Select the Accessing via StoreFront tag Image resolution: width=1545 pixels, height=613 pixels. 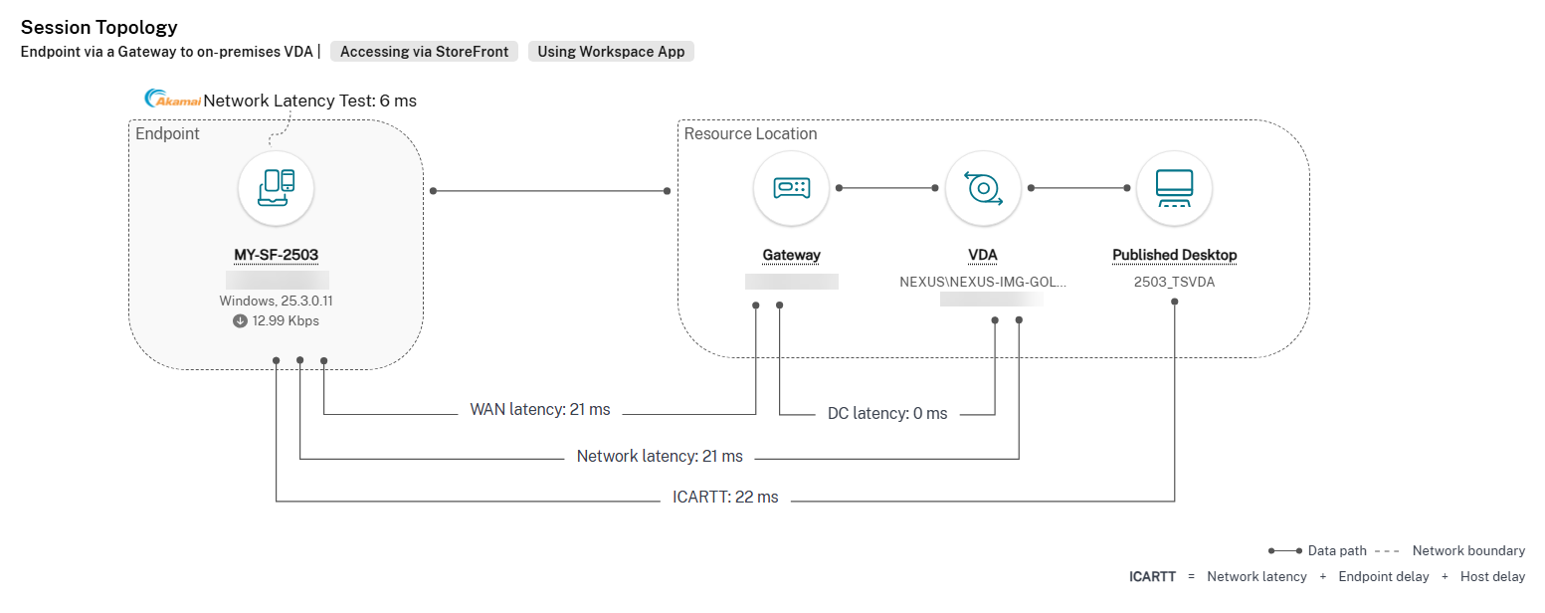point(424,52)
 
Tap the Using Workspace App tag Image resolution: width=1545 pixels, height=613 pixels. point(611,52)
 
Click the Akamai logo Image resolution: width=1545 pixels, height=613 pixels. point(173,100)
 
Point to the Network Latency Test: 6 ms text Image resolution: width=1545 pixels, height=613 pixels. point(309,101)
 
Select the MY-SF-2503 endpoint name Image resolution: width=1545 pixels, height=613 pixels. point(276,255)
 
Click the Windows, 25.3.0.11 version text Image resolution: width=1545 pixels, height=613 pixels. point(276,301)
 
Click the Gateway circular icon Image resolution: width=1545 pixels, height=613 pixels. point(791,188)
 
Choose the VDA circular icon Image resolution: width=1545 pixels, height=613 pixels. point(982,188)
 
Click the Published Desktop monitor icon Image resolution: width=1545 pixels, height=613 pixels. point(1174,188)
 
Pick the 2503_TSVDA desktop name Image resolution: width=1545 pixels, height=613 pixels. point(1174,282)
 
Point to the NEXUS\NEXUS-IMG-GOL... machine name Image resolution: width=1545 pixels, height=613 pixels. point(982,282)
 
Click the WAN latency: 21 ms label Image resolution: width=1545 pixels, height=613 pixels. point(539,410)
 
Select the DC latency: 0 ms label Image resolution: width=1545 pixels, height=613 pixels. point(887,414)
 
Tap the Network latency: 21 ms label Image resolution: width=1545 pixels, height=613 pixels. point(660,457)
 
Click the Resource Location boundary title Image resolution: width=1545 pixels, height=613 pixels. point(750,134)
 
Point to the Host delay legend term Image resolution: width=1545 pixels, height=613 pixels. point(1492,577)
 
